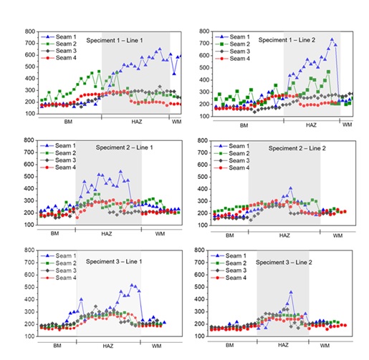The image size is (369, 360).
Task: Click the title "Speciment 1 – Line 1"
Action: tap(115, 40)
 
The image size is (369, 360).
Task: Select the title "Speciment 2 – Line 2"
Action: tap(297, 148)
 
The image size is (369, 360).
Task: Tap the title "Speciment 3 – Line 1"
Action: tap(114, 261)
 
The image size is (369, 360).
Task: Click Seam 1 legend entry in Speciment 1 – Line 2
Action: tap(232, 37)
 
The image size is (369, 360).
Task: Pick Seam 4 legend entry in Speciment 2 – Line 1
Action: tap(58, 167)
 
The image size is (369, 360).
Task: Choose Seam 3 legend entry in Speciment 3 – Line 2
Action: tap(229, 271)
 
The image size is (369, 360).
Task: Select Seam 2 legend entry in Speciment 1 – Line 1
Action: tap(59, 44)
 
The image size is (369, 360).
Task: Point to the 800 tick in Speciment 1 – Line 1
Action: tap(30, 31)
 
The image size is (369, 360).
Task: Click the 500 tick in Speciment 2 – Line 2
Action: tap(203, 177)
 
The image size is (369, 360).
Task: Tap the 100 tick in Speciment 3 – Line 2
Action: tap(200, 336)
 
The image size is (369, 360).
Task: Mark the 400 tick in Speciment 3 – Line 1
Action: tap(30, 299)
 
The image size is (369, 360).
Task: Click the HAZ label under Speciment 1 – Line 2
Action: tap(311, 125)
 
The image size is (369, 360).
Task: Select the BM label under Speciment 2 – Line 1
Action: tap(54, 233)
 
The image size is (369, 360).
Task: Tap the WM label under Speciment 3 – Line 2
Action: tap(325, 346)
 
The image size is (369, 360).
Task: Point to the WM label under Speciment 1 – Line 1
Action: tap(176, 122)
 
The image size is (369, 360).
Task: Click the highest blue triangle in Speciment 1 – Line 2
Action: tap(332, 39)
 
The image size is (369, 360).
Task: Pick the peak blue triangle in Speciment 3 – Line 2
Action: tap(291, 292)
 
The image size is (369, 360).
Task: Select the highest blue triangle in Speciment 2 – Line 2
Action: tap(290, 188)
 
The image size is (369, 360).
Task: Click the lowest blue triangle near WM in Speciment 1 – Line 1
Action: tap(174, 74)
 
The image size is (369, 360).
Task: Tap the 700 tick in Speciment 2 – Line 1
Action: tap(29, 152)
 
